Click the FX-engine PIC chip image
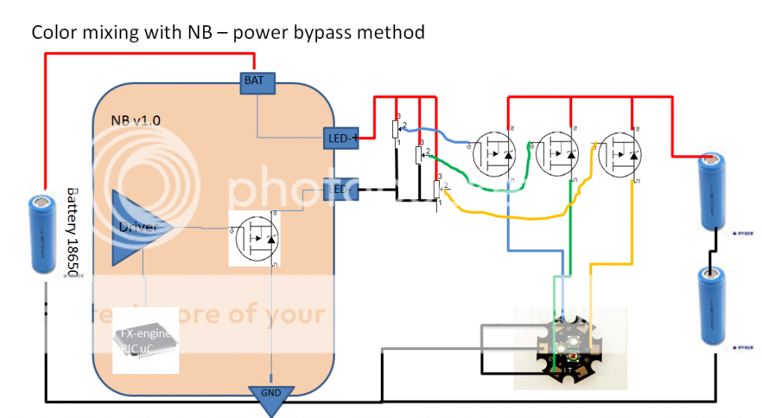(x=146, y=341)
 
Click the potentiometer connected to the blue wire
(x=396, y=130)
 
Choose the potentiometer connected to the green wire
(x=419, y=154)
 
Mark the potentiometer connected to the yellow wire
(x=438, y=190)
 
